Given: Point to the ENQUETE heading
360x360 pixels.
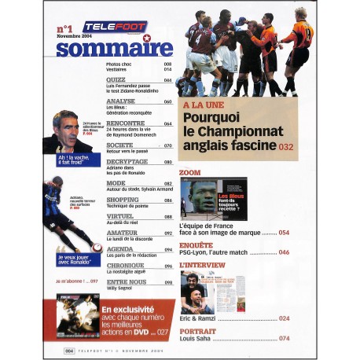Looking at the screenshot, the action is tap(197, 245).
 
